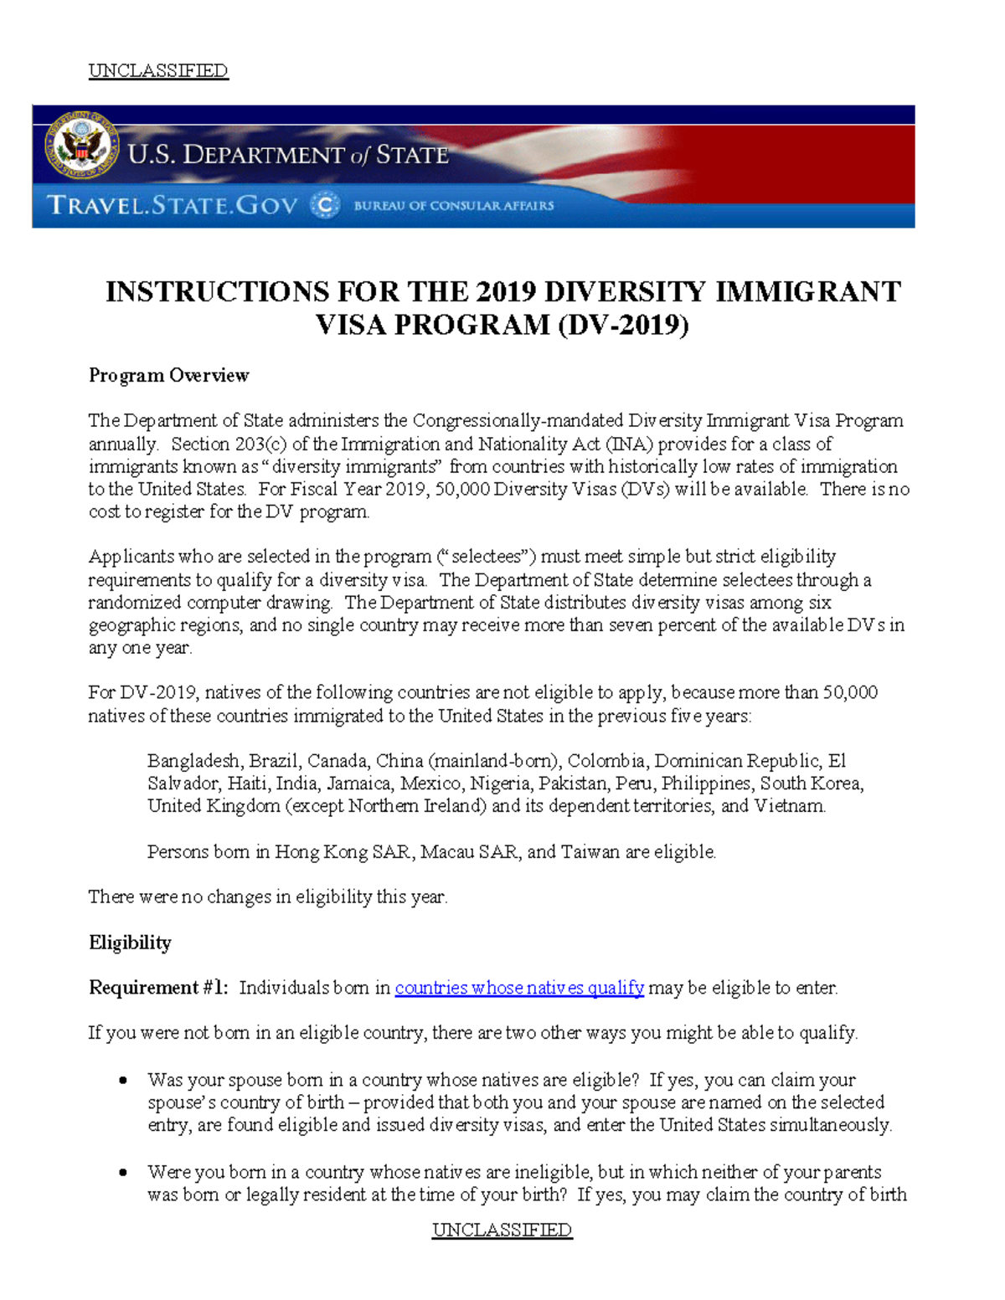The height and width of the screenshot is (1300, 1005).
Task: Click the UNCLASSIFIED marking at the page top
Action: pos(158,70)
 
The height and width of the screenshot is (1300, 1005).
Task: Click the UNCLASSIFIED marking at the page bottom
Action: pos(502,1230)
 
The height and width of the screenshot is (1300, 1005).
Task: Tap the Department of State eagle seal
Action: pos(81,145)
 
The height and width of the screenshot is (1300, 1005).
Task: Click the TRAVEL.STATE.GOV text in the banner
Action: pos(172,205)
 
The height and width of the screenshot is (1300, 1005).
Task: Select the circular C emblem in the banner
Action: pos(325,205)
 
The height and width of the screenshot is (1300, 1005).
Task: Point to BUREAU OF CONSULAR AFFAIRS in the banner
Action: pos(453,205)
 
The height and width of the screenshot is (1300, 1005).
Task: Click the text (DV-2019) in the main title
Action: pos(623,325)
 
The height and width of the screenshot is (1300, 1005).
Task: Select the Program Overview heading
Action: pos(168,375)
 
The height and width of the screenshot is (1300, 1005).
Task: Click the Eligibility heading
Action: pos(130,943)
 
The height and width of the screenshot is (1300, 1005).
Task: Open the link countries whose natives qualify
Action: pos(519,988)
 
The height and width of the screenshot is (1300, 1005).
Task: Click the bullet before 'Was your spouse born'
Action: pos(123,1080)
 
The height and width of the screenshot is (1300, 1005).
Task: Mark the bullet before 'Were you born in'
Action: pos(123,1172)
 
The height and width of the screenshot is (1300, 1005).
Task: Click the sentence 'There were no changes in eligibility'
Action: pos(268,897)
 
